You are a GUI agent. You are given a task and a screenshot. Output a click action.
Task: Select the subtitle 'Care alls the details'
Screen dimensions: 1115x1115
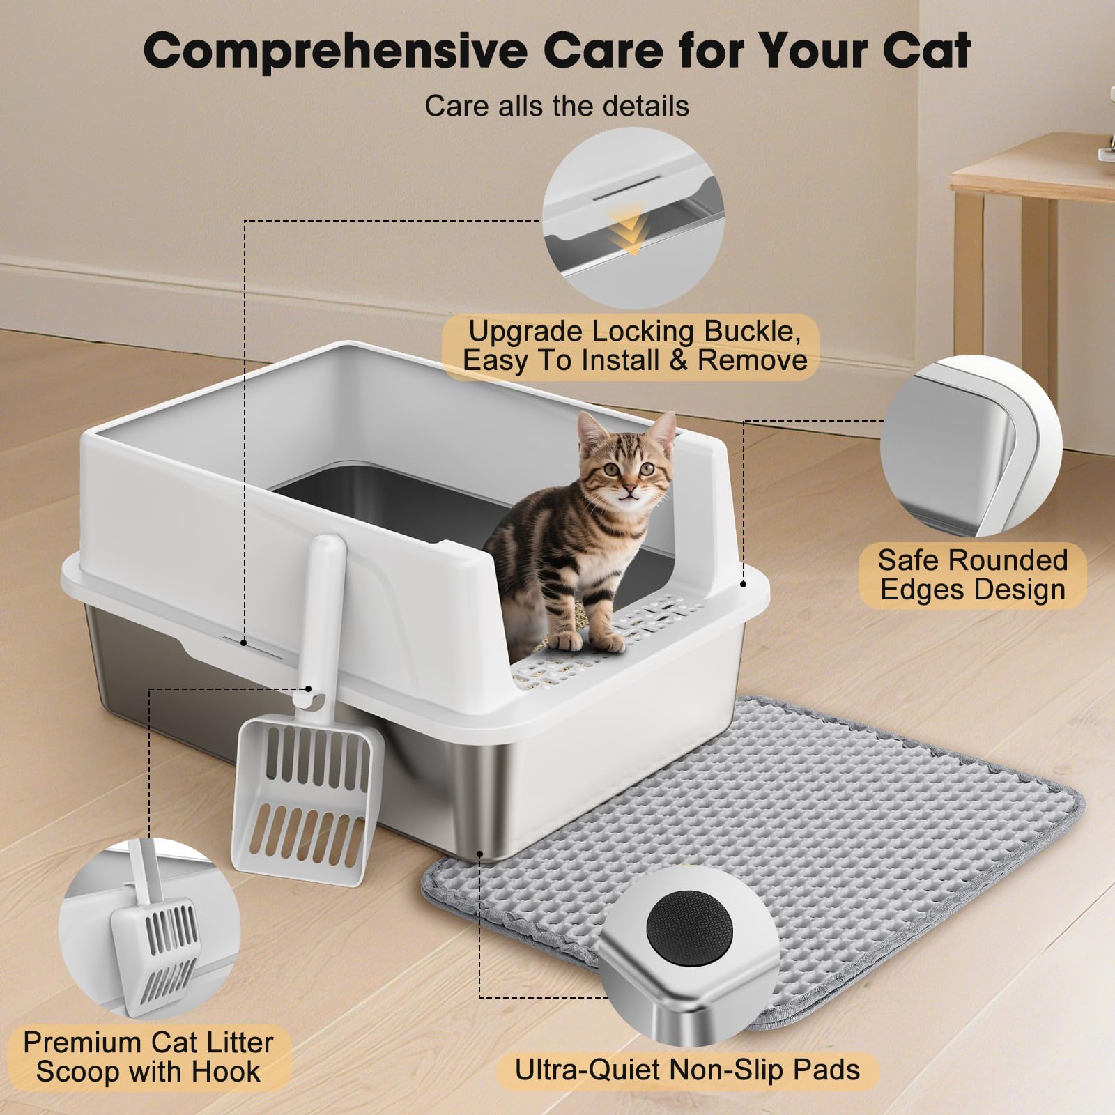[557, 107]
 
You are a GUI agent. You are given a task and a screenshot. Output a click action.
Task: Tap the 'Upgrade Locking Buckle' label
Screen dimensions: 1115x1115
[633, 332]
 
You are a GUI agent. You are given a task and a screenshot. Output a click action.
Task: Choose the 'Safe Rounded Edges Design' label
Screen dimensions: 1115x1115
[972, 575]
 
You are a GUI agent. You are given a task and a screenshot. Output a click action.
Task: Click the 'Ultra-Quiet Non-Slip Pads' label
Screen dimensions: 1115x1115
[687, 1070]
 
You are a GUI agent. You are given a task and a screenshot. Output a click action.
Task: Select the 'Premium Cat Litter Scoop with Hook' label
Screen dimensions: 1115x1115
[148, 1057]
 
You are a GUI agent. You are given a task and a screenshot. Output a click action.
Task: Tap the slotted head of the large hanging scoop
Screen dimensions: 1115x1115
[307, 794]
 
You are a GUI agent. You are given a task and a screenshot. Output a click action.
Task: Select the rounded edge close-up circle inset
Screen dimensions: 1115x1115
[971, 446]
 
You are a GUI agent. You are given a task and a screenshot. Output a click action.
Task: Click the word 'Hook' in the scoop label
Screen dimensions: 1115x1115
[226, 1072]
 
